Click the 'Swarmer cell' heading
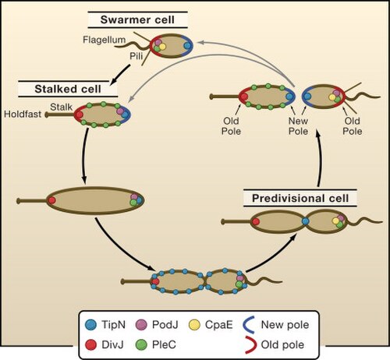137,19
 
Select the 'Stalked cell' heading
68,89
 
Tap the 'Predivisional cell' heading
300,199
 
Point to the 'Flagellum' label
105,40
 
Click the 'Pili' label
136,56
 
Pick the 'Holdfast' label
23,114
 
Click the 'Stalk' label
61,107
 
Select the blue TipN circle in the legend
90,325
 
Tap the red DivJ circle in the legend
90,345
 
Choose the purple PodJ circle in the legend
141,325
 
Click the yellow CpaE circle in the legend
194,325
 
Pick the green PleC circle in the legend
141,345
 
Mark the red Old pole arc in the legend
253,345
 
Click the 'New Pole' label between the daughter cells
298,126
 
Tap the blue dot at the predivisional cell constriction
306,221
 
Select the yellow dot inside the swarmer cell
162,47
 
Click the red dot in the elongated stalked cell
51,200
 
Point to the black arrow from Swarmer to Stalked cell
120,74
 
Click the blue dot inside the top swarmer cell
187,46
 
